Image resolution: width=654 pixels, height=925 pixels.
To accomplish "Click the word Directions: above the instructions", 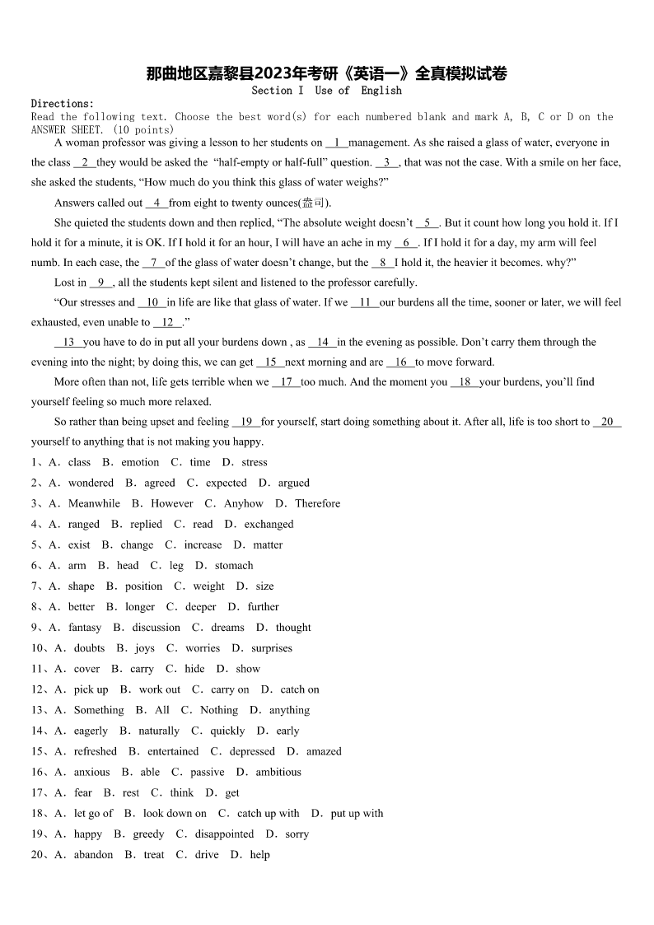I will click(x=63, y=104).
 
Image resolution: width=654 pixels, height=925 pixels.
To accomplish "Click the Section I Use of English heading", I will click(x=326, y=91).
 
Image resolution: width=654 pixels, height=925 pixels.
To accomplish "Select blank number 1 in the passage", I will click(x=337, y=142).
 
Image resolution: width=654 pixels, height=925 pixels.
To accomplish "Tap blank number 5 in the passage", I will click(x=427, y=222).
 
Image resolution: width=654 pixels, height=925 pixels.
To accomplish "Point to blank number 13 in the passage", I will click(x=68, y=342).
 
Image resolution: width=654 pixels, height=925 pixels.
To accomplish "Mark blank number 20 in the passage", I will click(x=607, y=422).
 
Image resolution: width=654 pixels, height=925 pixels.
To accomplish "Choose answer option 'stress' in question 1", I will click(x=255, y=462).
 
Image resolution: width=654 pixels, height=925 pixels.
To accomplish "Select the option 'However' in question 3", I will click(x=172, y=503).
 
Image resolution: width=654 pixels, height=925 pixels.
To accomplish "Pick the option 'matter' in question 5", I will click(x=268, y=544).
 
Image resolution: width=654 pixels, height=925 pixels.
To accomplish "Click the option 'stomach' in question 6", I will click(x=234, y=565).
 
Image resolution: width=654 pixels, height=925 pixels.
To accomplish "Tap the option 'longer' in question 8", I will click(x=140, y=606).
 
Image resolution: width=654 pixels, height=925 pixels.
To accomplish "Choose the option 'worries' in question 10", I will click(x=203, y=647).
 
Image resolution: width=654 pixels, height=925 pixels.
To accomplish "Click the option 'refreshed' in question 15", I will click(x=96, y=751).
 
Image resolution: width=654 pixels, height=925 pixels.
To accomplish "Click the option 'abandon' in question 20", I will click(x=93, y=854).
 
